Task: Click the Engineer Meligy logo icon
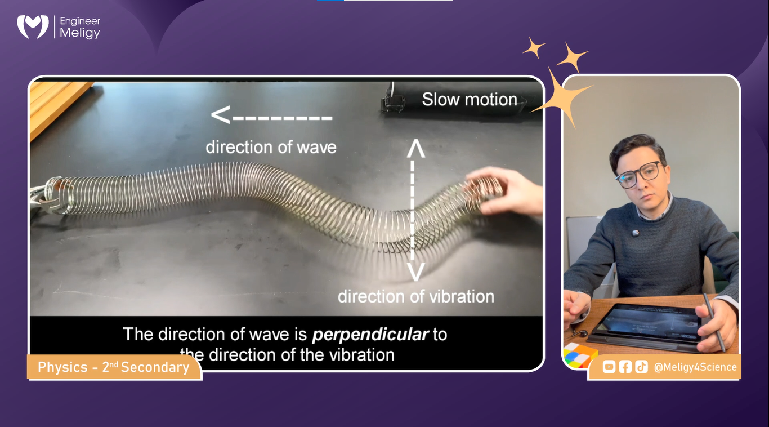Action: [33, 26]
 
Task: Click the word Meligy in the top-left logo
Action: [80, 34]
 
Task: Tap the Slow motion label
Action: [470, 100]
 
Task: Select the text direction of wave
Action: [271, 148]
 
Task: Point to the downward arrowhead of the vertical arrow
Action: [415, 273]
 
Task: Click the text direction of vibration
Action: [415, 296]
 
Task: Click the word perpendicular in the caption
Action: [370, 334]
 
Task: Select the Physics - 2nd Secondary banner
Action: [114, 368]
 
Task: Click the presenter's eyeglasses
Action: [642, 174]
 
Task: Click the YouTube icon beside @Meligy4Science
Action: [609, 367]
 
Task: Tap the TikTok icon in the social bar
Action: [641, 367]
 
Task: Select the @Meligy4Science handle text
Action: [695, 367]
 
